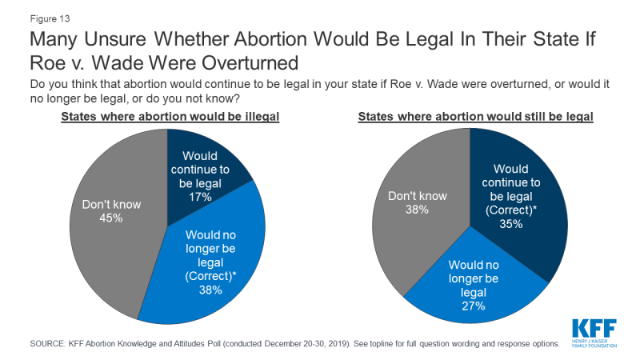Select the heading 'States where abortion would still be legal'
click(475, 117)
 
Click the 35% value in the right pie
click(512, 224)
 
